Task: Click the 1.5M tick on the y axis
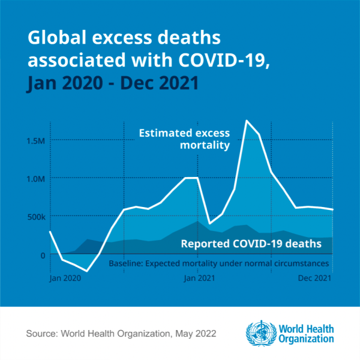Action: click(36, 140)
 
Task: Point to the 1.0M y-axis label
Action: click(36, 178)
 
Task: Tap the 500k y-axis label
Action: click(35, 216)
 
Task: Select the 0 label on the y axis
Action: click(43, 254)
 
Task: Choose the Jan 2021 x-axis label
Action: click(199, 278)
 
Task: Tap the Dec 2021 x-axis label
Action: click(314, 278)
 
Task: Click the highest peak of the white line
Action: click(247, 121)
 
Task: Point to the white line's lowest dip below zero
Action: click(87, 271)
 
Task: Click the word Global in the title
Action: click(55, 38)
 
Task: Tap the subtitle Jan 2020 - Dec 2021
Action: click(113, 83)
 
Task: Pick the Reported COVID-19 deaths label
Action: click(248, 244)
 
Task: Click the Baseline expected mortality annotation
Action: click(219, 263)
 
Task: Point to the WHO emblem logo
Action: click(259, 332)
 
